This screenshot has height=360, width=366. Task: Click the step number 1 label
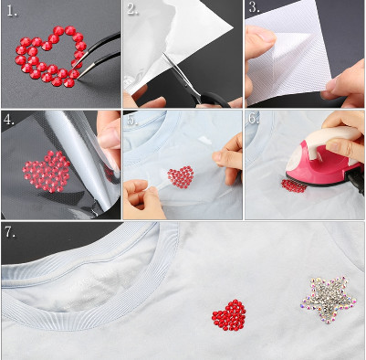point(12,11)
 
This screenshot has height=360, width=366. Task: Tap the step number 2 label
point(132,10)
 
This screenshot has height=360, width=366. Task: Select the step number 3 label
point(255,7)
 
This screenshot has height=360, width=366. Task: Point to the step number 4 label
point(9,120)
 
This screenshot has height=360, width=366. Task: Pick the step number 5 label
point(132,120)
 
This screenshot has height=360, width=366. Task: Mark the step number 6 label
point(254,118)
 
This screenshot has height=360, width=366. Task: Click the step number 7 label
point(11,233)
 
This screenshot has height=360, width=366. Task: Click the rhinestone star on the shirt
point(329,299)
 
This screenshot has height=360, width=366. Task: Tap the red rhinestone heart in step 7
point(229,315)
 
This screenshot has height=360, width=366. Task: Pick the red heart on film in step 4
point(47,172)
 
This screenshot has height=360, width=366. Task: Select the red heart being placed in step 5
point(181,177)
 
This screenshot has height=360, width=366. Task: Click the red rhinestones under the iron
point(293,186)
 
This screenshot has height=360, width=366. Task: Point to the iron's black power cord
point(357,181)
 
